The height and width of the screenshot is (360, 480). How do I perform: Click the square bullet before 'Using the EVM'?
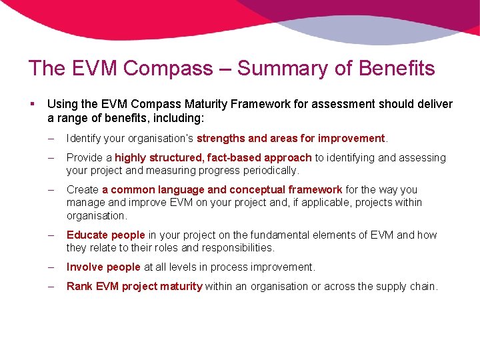click(x=33, y=104)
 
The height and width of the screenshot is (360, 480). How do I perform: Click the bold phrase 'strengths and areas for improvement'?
click(x=291, y=139)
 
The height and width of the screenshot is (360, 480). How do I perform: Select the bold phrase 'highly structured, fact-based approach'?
click(x=213, y=157)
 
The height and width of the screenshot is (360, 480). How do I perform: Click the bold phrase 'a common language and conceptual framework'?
click(x=222, y=190)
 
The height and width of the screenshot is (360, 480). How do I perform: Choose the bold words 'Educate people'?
click(x=105, y=235)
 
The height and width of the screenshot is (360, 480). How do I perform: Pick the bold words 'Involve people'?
click(x=103, y=267)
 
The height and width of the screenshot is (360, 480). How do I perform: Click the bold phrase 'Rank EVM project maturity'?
click(x=134, y=286)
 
